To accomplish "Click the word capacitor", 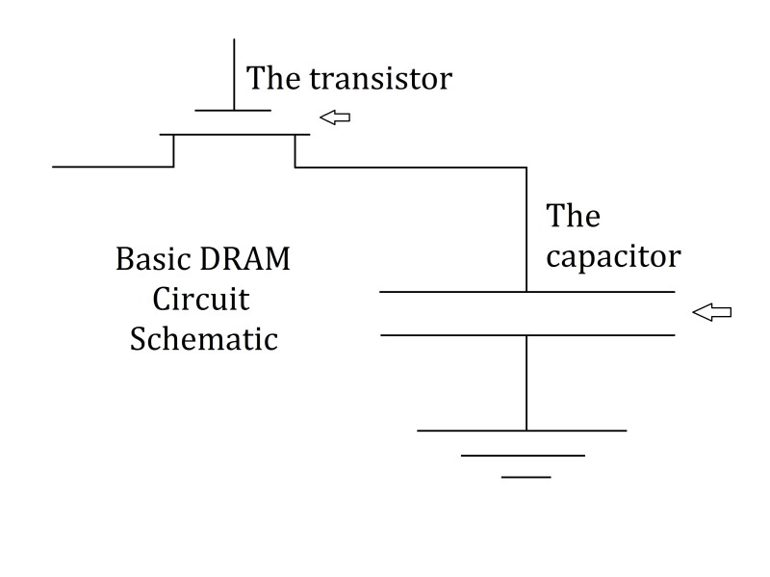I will [x=613, y=257].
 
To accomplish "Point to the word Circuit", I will [x=201, y=300].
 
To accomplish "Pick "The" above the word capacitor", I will [x=573, y=216].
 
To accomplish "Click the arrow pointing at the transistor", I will [x=335, y=118].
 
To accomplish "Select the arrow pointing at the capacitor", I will [x=712, y=312].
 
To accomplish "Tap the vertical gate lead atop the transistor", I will [x=234, y=73].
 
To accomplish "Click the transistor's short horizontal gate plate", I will [x=234, y=110].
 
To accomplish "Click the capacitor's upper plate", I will [x=526, y=291].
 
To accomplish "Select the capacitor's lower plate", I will [x=526, y=335].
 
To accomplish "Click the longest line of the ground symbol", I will [x=521, y=430].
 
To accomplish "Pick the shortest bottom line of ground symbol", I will [x=526, y=477].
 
